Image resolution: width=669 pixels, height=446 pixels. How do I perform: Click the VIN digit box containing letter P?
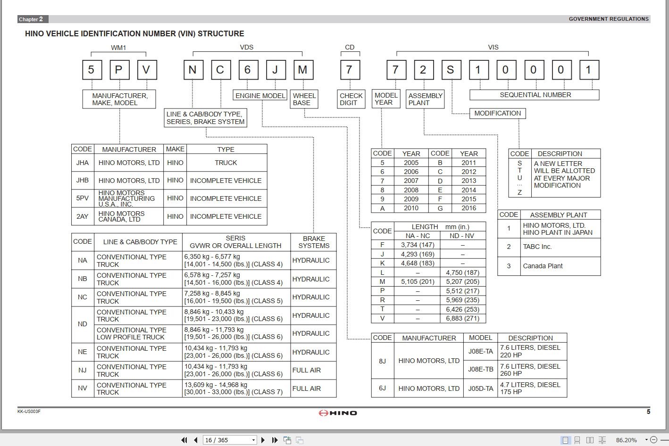pyautogui.click(x=119, y=70)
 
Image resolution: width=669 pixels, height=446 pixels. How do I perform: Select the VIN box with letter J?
pyautogui.click(x=275, y=70)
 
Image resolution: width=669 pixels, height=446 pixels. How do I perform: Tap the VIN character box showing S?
pyautogui.click(x=451, y=70)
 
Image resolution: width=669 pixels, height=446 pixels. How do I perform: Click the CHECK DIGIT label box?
pyautogui.click(x=351, y=99)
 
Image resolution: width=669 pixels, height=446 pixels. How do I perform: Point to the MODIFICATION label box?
pyautogui.click(x=497, y=113)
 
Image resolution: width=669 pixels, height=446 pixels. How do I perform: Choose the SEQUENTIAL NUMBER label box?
pyautogui.click(x=535, y=95)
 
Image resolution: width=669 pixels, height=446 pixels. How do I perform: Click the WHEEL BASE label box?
pyautogui.click(x=304, y=99)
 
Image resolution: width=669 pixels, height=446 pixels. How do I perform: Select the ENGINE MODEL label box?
pyautogui.click(x=260, y=96)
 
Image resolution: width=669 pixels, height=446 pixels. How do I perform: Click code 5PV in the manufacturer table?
pyautogui.click(x=83, y=198)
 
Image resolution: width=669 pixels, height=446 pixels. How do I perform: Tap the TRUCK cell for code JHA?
pyautogui.click(x=226, y=163)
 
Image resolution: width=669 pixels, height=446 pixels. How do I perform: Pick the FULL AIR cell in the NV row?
pyautogui.click(x=307, y=388)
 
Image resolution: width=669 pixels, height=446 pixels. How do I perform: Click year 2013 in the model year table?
pyautogui.click(x=468, y=181)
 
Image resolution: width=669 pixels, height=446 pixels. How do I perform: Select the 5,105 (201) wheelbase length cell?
pyautogui.click(x=417, y=281)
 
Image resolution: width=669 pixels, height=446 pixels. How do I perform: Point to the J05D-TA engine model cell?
pyautogui.click(x=480, y=388)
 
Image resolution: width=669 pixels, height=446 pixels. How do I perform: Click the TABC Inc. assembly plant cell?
pyautogui.click(x=537, y=247)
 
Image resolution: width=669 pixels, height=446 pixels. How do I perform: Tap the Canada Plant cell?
pyautogui.click(x=543, y=266)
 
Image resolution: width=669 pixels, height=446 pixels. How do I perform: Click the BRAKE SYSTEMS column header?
pyautogui.click(x=314, y=242)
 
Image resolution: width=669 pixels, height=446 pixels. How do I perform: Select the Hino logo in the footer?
pyautogui.click(x=338, y=413)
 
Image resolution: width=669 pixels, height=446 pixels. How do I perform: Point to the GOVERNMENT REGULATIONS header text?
pyautogui.click(x=609, y=19)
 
